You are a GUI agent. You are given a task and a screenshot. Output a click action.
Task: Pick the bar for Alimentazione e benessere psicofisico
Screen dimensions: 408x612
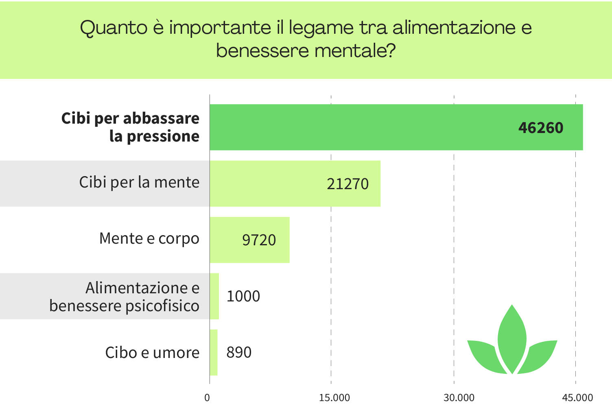pos(214,296)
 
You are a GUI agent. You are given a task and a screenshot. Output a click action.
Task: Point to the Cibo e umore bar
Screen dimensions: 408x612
pos(214,352)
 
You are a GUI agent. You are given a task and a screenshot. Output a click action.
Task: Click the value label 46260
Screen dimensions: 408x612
pos(541,128)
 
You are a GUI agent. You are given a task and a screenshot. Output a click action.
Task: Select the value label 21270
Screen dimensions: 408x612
pos(348,184)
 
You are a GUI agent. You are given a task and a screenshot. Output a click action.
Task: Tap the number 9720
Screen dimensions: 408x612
pos(259,240)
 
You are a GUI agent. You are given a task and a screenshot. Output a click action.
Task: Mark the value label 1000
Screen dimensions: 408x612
pos(243,296)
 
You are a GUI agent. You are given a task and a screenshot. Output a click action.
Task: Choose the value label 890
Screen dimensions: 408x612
pos(239,352)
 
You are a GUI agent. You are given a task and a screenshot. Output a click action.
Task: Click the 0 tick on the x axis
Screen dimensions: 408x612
pos(207,397)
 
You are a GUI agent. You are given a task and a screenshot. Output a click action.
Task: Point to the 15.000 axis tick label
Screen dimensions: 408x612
pos(334,397)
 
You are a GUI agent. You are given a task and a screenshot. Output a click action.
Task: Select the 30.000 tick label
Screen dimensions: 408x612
pos(459,397)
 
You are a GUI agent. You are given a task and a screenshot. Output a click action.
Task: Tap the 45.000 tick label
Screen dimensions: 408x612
pos(577,397)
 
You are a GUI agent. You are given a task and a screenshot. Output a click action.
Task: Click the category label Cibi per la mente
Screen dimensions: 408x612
pos(139,182)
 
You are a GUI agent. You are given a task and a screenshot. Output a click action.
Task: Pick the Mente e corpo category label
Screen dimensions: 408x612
pos(149,238)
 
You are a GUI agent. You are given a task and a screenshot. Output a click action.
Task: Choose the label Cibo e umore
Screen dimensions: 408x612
pos(152,352)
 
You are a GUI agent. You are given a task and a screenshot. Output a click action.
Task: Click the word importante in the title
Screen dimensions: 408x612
pos(220,28)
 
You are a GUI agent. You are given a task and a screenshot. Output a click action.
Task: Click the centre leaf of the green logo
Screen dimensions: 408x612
pos(512,338)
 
